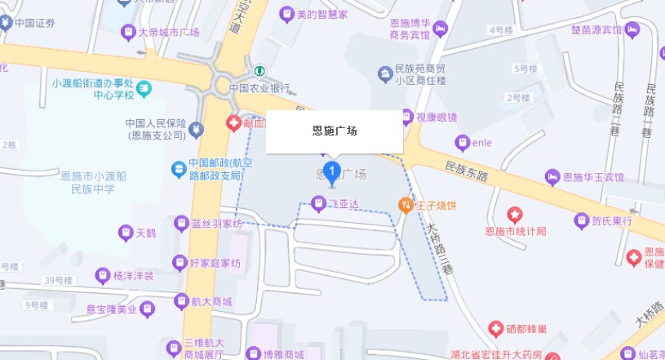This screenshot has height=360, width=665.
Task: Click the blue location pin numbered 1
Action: tap(332, 171)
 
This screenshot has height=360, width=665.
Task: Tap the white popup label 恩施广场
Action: tap(335, 131)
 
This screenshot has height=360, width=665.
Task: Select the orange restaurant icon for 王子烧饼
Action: tap(403, 204)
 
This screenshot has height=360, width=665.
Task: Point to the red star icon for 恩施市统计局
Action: tap(514, 215)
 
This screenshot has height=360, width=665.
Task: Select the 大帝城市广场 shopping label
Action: tap(169, 33)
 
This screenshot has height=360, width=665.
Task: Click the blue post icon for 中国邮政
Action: tap(177, 169)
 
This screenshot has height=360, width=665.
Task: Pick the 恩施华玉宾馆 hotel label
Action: tap(592, 177)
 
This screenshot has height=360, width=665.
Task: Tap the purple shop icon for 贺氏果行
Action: tap(580, 220)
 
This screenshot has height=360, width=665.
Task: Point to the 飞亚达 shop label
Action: tap(344, 202)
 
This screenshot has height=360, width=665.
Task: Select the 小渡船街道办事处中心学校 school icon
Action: tap(144, 87)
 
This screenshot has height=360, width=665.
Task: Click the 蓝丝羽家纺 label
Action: tap(216, 223)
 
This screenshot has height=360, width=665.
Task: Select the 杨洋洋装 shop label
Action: tap(134, 275)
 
